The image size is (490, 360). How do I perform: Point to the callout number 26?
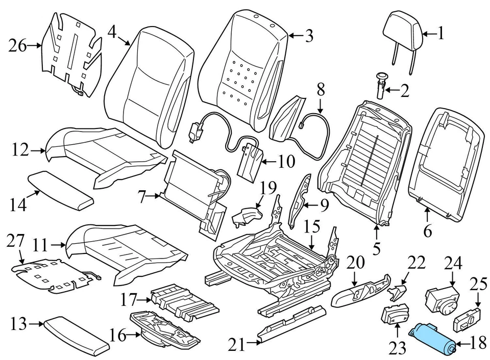tap(18, 46)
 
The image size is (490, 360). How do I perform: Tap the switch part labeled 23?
tap(394, 314)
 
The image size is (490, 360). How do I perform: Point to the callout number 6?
tap(428, 231)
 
